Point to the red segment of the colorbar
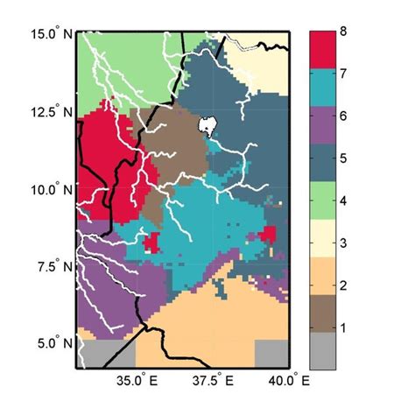(324, 53)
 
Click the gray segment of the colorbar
(324, 350)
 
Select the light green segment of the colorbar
(324, 200)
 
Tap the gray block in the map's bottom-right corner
(271, 353)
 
